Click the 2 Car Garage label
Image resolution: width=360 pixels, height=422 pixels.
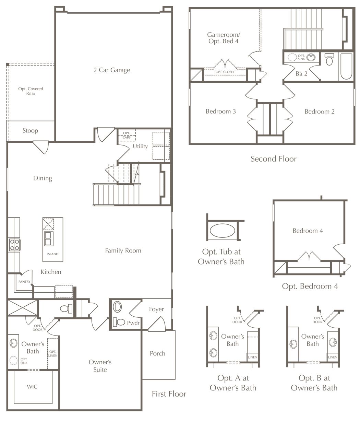(x=112, y=70)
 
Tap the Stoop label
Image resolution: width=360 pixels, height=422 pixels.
(x=30, y=130)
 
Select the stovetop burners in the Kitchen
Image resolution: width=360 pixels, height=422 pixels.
(x=14, y=245)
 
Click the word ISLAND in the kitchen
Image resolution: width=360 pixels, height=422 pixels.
(x=53, y=254)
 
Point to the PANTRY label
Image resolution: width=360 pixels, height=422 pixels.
(x=24, y=282)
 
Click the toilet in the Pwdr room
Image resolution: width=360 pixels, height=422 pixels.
(x=119, y=322)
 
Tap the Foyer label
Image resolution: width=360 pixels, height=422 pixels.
(x=156, y=309)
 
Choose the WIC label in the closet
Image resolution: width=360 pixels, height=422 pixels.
(x=32, y=387)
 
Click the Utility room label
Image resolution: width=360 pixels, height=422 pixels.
(x=140, y=146)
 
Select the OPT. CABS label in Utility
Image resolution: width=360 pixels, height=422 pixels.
(x=127, y=135)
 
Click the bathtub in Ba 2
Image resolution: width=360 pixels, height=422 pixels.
(x=346, y=66)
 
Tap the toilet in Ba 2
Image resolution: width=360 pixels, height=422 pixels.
(x=329, y=59)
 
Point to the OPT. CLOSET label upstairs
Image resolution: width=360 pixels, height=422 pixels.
(x=225, y=72)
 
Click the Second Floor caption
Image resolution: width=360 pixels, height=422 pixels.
(x=274, y=159)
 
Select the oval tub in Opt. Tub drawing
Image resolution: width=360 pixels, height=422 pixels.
(x=222, y=231)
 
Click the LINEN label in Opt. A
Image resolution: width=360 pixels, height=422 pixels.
(x=252, y=357)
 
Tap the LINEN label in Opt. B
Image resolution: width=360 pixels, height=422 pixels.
(x=333, y=357)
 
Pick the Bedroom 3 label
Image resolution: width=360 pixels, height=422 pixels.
(x=220, y=111)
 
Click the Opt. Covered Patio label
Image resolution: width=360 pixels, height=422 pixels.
(x=31, y=91)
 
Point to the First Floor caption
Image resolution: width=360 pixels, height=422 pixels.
(x=169, y=394)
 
